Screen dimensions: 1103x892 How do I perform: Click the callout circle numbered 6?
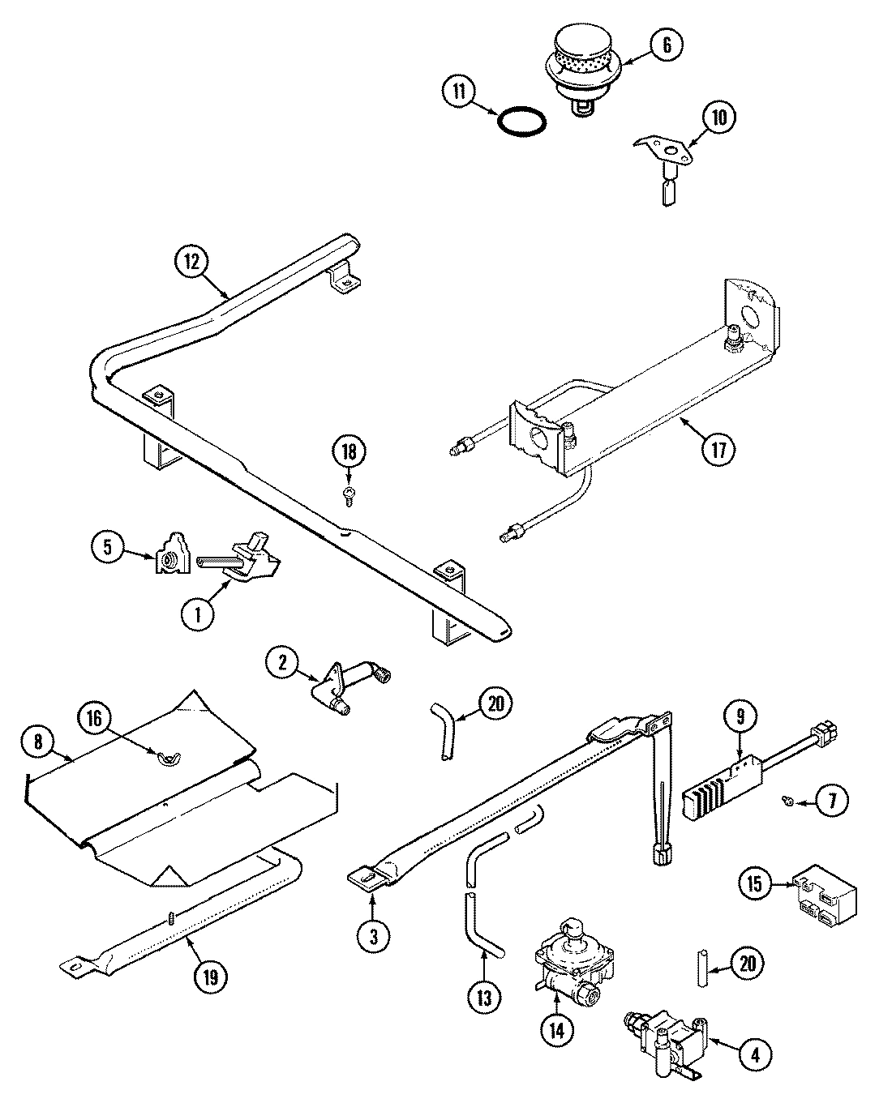666,45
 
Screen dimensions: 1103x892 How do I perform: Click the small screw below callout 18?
348,495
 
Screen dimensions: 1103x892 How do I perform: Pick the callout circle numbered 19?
210,977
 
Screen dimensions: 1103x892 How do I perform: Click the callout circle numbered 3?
373,936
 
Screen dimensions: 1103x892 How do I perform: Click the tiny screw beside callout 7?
787,801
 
